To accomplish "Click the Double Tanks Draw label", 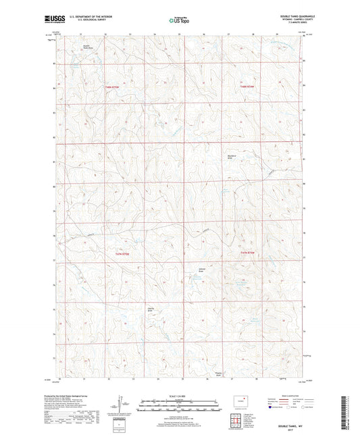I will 86,47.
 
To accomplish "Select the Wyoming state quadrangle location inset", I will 238,400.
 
